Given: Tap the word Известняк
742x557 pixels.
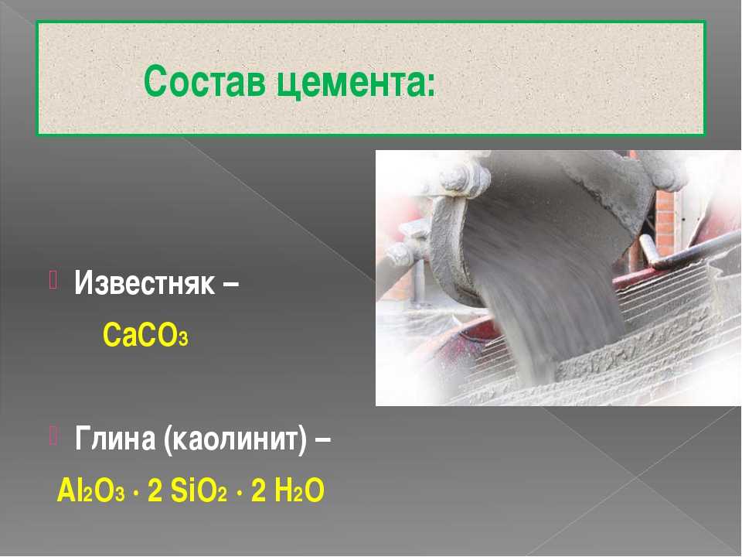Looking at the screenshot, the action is pos(145,283).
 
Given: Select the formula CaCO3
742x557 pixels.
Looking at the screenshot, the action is pos(145,335).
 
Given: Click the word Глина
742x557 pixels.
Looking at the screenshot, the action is pos(115,439).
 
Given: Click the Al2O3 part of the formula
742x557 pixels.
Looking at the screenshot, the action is pos(90,490).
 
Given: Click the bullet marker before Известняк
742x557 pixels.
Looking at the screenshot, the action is pos(53,280).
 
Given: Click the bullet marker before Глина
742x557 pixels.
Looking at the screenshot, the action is pos(53,436).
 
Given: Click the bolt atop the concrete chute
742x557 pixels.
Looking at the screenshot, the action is pos(455,179).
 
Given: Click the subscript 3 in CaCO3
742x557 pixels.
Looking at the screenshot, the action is pos(183,339).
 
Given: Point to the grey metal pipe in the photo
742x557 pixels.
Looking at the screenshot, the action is pos(691,248).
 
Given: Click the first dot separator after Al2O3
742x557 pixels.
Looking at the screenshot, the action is pos(136,494).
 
